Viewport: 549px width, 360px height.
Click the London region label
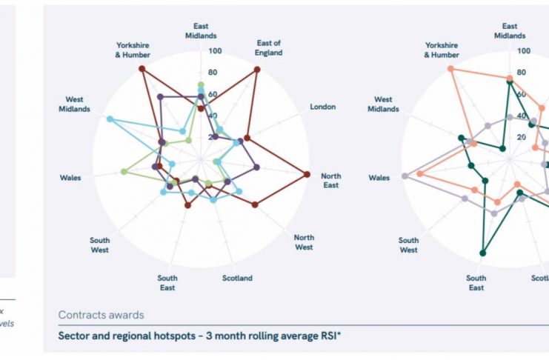322,107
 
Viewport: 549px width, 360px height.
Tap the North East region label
330,181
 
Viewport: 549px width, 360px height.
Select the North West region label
304,242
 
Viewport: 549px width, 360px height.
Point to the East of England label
269,48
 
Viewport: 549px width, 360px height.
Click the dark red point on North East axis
307,175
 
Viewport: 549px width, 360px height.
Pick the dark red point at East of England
257,70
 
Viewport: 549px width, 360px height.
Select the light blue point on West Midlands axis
110,119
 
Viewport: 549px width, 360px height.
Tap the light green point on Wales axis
124,172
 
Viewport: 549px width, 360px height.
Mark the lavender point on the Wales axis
405,176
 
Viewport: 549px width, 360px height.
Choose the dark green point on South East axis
482,253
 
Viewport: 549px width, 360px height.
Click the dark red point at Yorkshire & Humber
142,70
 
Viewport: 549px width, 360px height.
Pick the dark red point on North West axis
254,204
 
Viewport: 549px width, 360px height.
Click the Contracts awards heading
102,316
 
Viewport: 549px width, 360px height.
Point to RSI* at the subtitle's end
330,335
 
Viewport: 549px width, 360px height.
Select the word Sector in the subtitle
73,335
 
